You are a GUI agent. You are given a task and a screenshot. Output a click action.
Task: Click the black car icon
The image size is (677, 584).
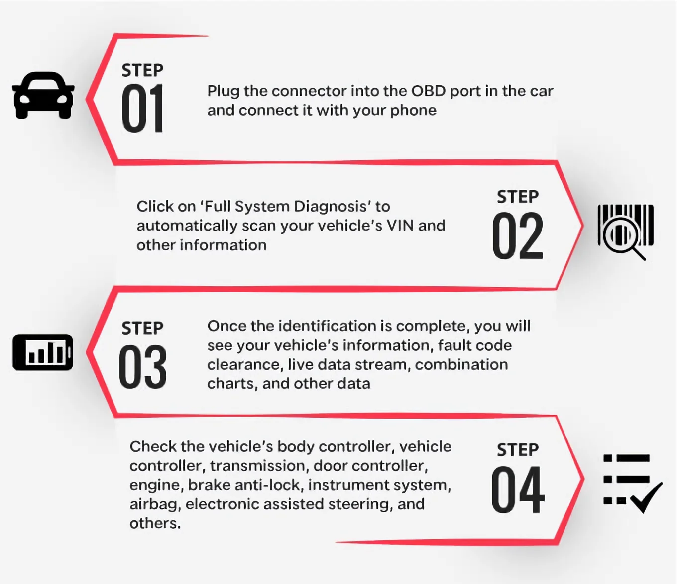pos(43,95)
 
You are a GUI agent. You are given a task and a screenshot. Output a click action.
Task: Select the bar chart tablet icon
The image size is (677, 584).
pos(43,352)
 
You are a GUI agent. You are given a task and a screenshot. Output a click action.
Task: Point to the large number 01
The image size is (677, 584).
pos(142,109)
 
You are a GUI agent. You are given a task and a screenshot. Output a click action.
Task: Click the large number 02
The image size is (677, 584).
pos(517,236)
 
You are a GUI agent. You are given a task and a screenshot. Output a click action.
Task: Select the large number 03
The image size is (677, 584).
pos(142,367)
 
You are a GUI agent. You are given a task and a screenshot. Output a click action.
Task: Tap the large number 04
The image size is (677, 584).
pos(517,490)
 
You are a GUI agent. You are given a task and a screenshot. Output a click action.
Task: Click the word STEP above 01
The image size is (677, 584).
pos(142,70)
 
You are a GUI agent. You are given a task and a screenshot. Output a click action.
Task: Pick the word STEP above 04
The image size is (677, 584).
pos(517,450)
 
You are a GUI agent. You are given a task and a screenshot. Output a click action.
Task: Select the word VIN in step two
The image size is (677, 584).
pos(400,226)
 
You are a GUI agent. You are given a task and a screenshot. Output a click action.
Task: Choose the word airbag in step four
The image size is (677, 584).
pos(154,504)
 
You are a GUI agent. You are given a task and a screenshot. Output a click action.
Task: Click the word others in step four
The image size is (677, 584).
pos(155,523)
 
